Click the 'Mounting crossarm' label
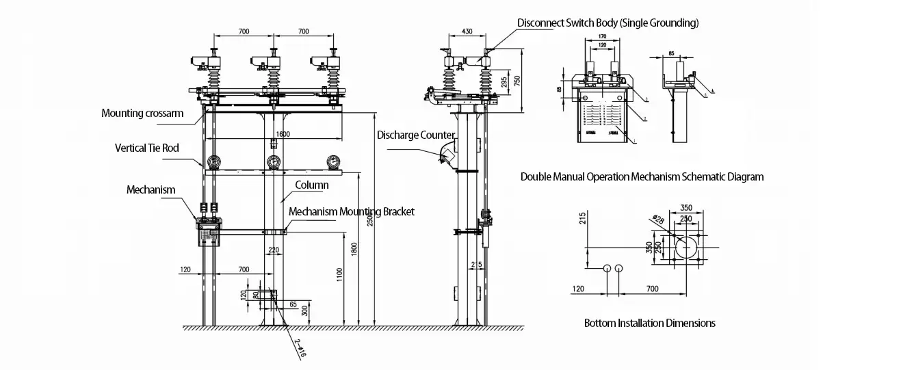point(142,113)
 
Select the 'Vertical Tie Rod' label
point(147,148)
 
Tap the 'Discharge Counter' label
point(415,135)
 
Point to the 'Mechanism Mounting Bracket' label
point(351,211)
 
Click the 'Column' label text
point(311,185)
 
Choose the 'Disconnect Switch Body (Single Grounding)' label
point(608,23)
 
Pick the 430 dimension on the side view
point(467,31)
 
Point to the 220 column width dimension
point(274,250)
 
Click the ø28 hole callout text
point(657,220)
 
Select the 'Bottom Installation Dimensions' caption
point(649,323)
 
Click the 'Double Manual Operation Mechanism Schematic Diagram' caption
point(642,176)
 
